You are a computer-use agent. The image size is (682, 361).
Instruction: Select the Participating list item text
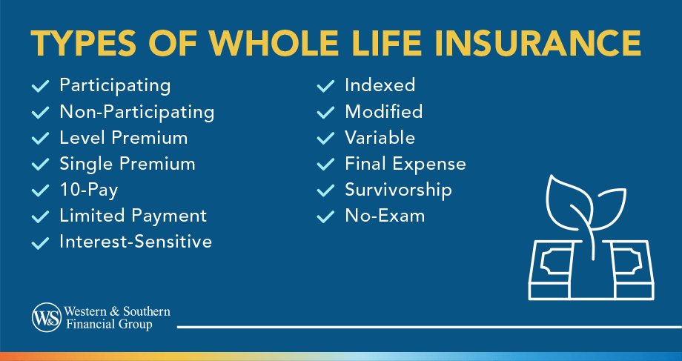coord(115,85)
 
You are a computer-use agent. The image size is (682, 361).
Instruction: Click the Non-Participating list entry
coord(137,112)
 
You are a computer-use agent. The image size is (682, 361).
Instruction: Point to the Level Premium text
coord(124,138)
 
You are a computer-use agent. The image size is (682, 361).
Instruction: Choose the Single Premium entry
coord(128,164)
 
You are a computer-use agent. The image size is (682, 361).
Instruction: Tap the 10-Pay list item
coord(89,190)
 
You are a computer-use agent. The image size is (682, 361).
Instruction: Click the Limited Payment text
coord(133,216)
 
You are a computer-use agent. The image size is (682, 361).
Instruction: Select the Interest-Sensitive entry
coord(136,242)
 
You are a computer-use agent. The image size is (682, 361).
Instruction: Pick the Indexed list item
coord(380,85)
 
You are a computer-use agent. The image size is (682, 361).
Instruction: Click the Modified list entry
coord(383,112)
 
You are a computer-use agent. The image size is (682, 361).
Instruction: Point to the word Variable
coord(380,138)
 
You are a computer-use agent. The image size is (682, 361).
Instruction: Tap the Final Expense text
coord(405,164)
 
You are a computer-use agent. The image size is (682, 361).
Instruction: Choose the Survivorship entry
coord(398,190)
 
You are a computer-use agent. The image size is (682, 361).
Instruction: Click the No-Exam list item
coord(385,216)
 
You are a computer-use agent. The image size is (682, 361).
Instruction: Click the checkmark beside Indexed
coord(325,86)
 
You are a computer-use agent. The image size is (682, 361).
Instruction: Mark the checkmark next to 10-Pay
coord(40,191)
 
